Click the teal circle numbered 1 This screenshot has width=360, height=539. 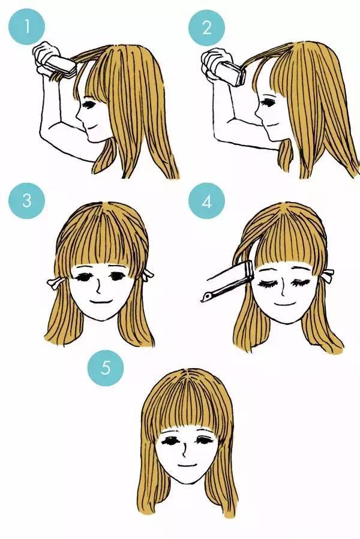click(27, 27)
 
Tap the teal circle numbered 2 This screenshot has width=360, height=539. click(206, 28)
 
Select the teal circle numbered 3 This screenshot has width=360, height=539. click(27, 200)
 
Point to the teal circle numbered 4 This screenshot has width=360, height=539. click(206, 201)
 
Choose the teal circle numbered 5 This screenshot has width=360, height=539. click(106, 368)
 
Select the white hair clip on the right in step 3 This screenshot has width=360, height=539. click(148, 274)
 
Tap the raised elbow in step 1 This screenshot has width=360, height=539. click(46, 131)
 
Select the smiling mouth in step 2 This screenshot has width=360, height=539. click(271, 125)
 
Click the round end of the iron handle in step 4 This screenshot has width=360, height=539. click(205, 297)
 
